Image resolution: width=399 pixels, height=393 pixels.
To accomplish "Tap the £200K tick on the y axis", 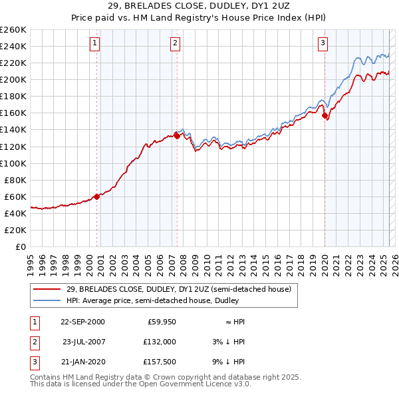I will (x=13, y=79).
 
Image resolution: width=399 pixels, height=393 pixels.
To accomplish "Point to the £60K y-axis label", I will (x=15, y=196).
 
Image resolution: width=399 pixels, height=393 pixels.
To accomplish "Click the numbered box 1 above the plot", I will (x=95, y=44).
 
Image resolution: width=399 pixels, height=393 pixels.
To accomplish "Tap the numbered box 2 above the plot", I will (x=175, y=44).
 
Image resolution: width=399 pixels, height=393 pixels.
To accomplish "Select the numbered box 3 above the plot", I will (x=323, y=44).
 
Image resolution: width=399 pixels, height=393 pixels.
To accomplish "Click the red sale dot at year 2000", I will (x=97, y=196).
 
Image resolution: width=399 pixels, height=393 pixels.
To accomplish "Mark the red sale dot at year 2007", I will (x=178, y=135).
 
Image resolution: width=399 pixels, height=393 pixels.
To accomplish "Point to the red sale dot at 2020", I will (x=325, y=115).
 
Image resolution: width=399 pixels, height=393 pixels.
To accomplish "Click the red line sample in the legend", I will (x=47, y=289).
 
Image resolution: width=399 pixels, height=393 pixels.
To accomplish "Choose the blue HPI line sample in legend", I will (x=47, y=300).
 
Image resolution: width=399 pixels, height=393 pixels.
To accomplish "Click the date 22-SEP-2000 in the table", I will (x=82, y=322).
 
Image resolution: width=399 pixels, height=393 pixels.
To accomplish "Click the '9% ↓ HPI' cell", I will (x=229, y=362).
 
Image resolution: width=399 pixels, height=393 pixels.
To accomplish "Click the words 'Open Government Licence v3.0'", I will (x=180, y=384).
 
